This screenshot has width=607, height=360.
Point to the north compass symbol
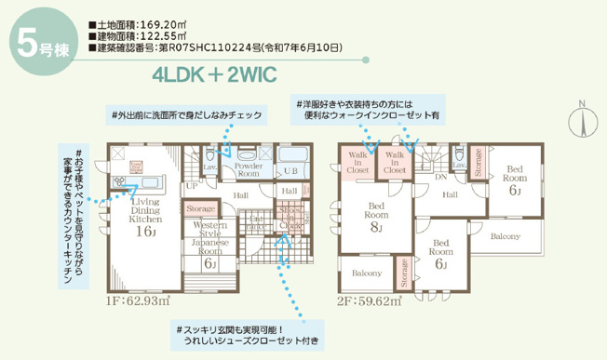pyautogui.click(x=583, y=122)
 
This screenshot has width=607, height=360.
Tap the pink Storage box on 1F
pyautogui.click(x=201, y=209)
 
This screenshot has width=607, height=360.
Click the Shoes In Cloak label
pyautogui.click(x=289, y=218)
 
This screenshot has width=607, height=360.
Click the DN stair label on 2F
pyautogui.click(x=440, y=175)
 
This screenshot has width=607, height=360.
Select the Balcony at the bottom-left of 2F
pyautogui.click(x=366, y=273)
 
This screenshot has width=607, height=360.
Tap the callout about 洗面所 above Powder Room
pyautogui.click(x=186, y=115)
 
